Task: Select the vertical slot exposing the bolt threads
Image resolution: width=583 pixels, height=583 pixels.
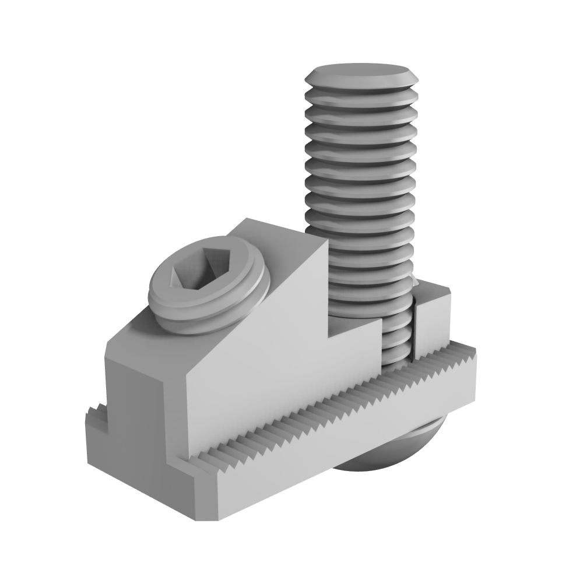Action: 399,338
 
